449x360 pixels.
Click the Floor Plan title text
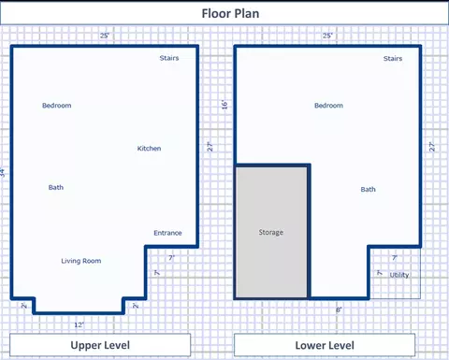(230, 14)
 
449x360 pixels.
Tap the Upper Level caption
(100, 345)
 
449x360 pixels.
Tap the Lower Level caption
(325, 346)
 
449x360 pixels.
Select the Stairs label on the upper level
(169, 58)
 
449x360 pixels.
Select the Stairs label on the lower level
(393, 59)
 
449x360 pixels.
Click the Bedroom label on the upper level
(57, 106)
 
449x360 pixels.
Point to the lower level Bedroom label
(328, 106)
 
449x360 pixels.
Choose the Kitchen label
(149, 149)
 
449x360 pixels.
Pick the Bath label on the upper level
(56, 187)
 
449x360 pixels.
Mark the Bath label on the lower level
(369, 190)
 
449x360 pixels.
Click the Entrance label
(167, 233)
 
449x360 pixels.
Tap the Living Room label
(81, 261)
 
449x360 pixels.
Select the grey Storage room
(271, 232)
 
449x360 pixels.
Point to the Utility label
(399, 275)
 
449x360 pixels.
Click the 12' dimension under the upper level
(80, 325)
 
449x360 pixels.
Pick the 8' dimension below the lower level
(339, 310)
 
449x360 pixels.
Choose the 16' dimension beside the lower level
(224, 105)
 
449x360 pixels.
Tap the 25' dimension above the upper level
(105, 36)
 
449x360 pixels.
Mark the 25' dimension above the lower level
(327, 36)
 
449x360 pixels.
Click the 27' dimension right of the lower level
(432, 147)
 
